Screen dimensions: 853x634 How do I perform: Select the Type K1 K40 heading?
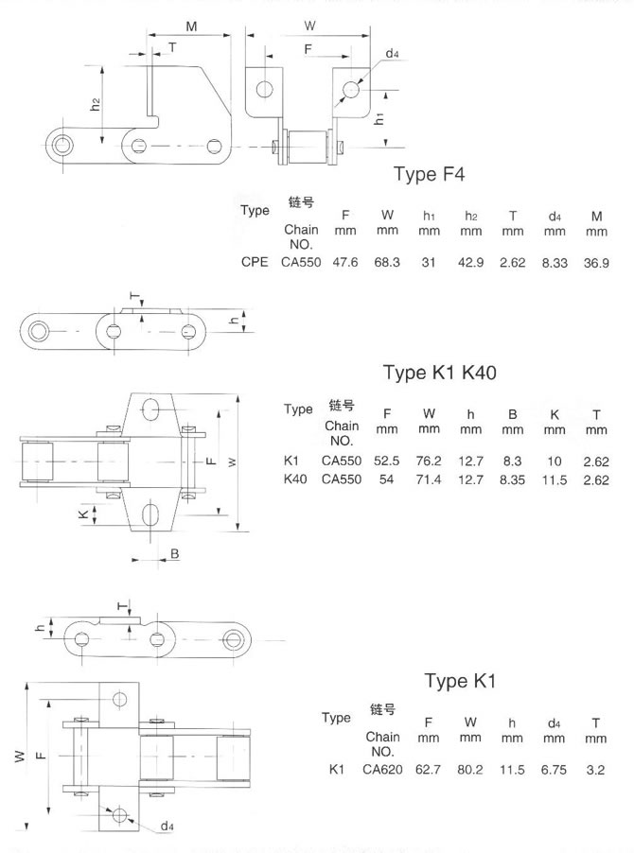click(x=439, y=372)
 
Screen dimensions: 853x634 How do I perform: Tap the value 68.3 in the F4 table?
click(x=386, y=262)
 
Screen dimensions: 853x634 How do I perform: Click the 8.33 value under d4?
click(x=555, y=262)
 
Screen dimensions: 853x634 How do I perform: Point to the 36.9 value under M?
click(x=597, y=262)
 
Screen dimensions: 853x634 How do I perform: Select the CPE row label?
click(x=255, y=262)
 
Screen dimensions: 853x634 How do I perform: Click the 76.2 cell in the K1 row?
click(x=429, y=461)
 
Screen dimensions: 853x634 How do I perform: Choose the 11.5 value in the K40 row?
click(x=555, y=479)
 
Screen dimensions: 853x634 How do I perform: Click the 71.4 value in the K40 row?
click(x=429, y=479)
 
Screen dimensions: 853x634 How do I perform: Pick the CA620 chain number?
click(x=382, y=770)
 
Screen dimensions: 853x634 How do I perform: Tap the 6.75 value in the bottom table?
click(x=554, y=770)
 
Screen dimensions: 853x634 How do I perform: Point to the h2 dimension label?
click(x=97, y=106)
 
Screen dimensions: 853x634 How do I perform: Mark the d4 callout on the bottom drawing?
click(x=167, y=826)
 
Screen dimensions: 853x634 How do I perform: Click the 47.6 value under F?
click(x=344, y=262)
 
